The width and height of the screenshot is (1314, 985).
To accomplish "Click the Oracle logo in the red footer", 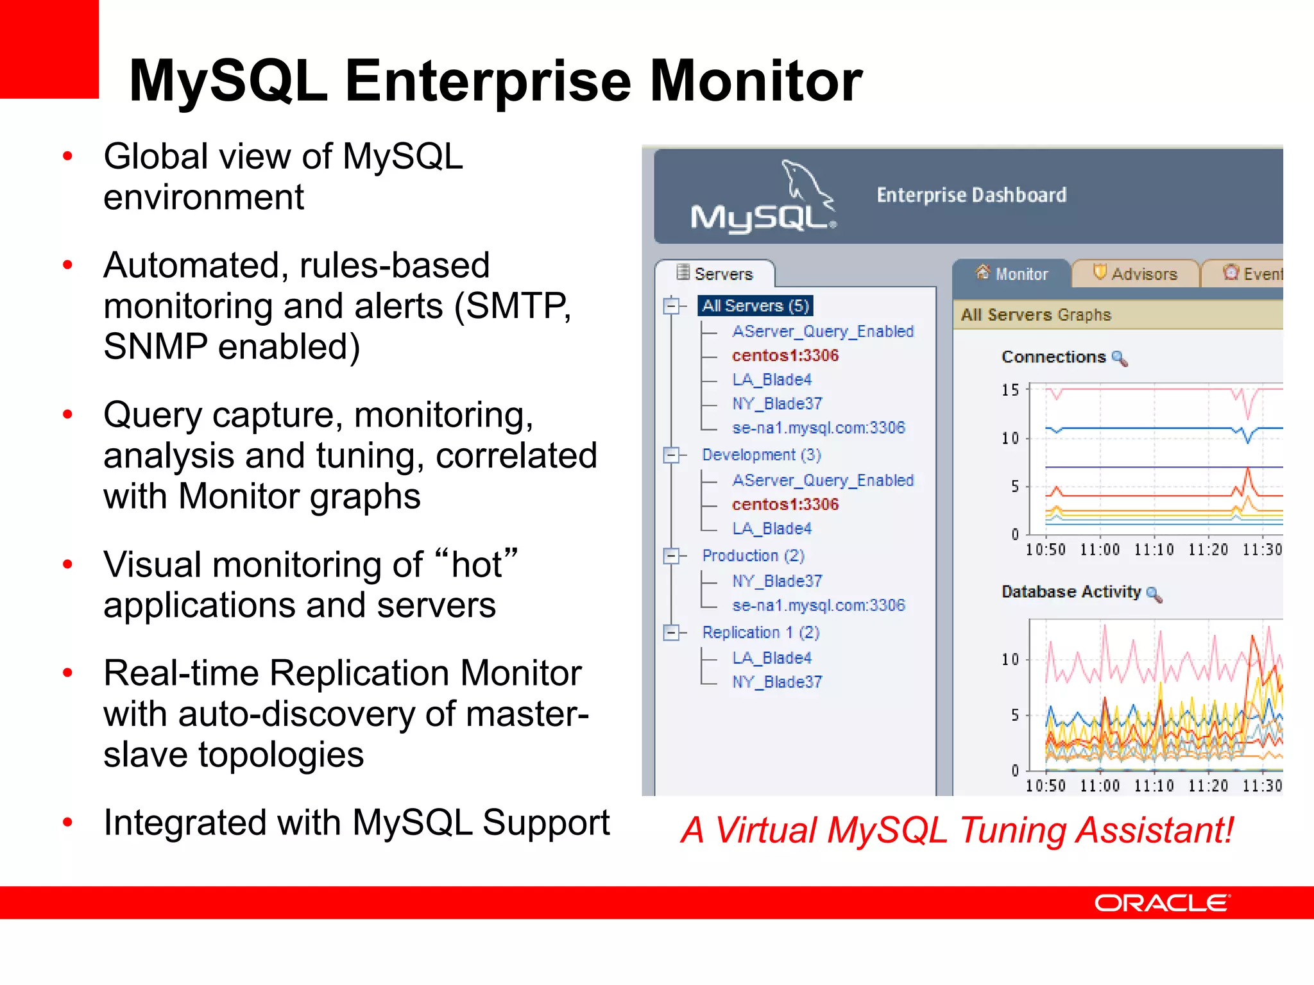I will (x=1161, y=903).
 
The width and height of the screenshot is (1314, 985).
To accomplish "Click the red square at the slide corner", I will (x=49, y=49).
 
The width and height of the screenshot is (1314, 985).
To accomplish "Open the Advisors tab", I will (x=1136, y=274).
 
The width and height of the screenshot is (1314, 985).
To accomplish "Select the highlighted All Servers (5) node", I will (x=756, y=306).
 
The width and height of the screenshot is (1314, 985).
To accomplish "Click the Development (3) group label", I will (x=761, y=455).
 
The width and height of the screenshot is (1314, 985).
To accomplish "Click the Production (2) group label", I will (x=753, y=555).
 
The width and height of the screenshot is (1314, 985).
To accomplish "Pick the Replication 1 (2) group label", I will (x=760, y=632).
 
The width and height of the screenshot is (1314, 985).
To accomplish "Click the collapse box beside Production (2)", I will (x=671, y=555).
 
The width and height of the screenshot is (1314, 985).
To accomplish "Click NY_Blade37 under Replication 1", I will (x=777, y=682).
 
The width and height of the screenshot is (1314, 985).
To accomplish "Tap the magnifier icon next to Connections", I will (x=1119, y=358).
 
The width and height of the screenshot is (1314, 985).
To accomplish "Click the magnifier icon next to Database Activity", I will (x=1154, y=594).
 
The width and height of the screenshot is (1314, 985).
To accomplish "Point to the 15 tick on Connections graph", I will (x=1010, y=390).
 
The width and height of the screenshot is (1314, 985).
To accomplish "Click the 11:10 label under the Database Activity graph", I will (x=1154, y=786).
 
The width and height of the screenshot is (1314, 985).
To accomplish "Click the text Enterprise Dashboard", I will (x=971, y=195).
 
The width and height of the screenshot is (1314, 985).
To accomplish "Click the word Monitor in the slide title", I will (x=756, y=81).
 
